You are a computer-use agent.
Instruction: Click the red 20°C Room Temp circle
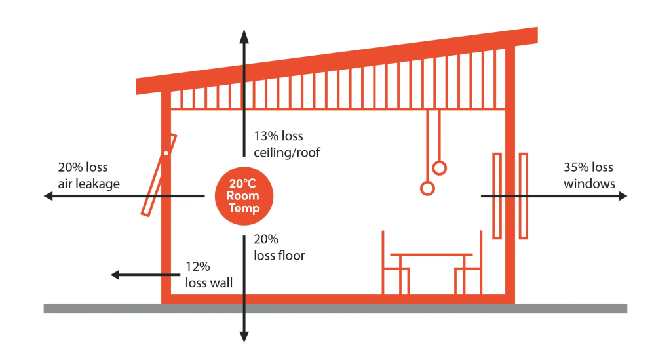click(243, 195)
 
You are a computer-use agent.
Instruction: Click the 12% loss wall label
click(208, 275)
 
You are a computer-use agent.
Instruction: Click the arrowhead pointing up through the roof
click(244, 33)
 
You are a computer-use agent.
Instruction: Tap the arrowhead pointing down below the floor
click(244, 337)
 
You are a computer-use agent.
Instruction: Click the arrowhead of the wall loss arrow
click(115, 275)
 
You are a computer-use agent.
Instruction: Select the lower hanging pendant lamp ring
click(427, 189)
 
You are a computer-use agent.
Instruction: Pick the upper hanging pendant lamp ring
click(440, 168)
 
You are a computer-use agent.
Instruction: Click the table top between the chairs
click(431, 254)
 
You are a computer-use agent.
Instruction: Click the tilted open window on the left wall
click(159, 176)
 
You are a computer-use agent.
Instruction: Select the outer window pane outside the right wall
click(524, 195)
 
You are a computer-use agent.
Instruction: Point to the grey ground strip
click(335, 309)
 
